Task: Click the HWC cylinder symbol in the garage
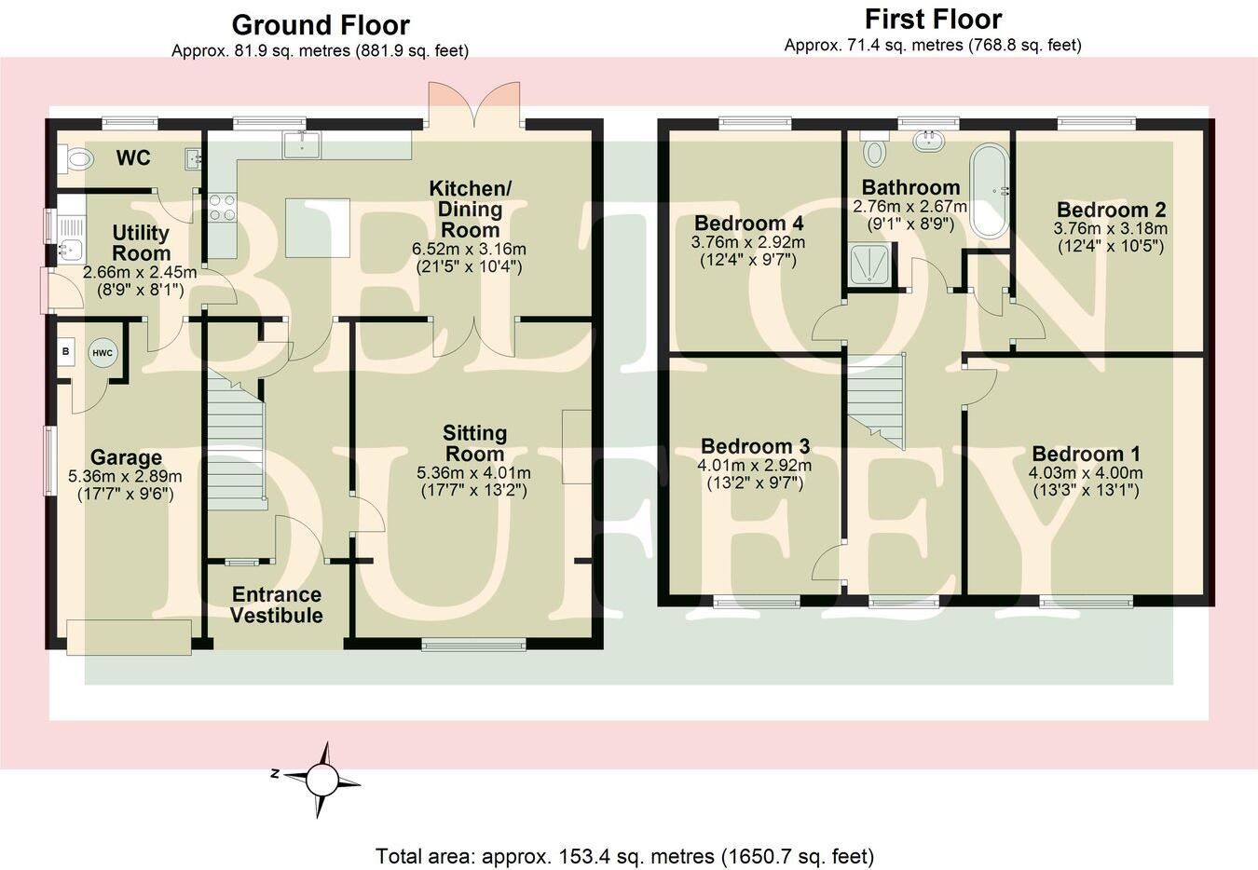tap(102, 353)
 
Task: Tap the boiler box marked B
tap(66, 352)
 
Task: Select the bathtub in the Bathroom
tap(989, 192)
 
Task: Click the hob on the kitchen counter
tap(223, 207)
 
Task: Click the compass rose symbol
tap(321, 778)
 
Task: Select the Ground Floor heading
tap(320, 25)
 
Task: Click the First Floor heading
tap(933, 20)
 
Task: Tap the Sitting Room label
tap(474, 443)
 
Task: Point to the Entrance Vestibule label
tap(277, 605)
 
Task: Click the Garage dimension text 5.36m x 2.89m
tap(126, 476)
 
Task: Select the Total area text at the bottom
tap(624, 855)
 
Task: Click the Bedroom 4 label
tap(748, 224)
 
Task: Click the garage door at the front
tap(130, 635)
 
